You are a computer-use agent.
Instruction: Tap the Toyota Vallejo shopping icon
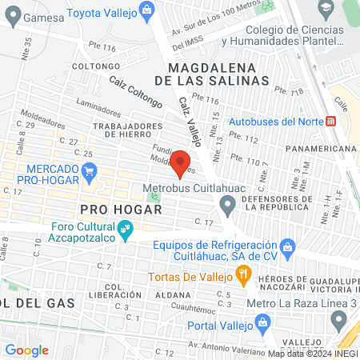[146, 10]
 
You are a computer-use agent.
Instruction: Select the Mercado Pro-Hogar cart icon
[90, 170]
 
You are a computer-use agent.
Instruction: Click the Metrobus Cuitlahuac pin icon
[227, 208]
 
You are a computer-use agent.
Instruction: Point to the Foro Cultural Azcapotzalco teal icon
[125, 231]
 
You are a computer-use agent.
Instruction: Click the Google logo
[26, 350]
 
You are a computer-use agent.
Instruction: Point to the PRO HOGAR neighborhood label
[122, 209]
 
